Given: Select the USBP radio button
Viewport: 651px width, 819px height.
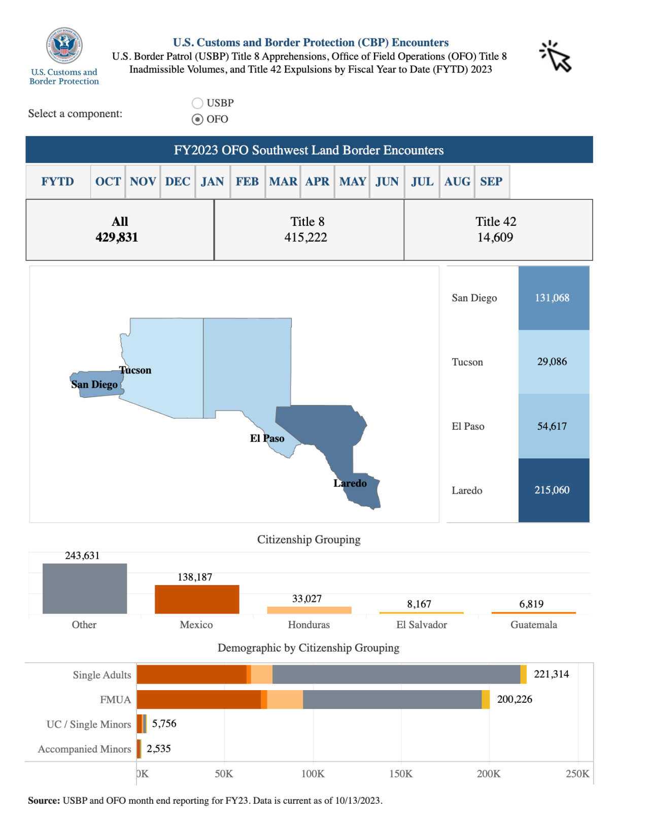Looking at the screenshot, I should tap(197, 104).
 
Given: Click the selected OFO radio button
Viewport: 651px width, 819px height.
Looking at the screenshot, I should tap(197, 120).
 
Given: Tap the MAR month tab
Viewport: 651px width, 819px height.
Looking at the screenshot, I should tap(283, 182).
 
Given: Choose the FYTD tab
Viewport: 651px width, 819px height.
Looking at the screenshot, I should tap(58, 182).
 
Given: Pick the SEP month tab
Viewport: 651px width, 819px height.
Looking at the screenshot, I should tap(491, 182).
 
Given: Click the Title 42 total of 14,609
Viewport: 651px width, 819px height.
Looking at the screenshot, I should tap(495, 237).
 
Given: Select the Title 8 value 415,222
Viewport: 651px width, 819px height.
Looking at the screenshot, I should tap(305, 237).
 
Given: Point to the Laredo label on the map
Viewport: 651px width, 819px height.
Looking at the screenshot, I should tap(350, 484).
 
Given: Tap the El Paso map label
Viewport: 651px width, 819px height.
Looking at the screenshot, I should tap(267, 439).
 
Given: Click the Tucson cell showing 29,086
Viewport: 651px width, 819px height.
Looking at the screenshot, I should tap(553, 362).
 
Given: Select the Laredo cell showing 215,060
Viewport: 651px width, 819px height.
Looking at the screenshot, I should tap(553, 490).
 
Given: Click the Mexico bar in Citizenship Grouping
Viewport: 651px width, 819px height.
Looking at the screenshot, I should tap(197, 599).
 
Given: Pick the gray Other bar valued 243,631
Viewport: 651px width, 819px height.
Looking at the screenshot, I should tap(85, 588).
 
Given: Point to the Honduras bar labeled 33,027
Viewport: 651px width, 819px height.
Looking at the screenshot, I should tap(309, 610).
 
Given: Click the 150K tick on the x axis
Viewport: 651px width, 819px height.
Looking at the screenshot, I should tap(401, 774).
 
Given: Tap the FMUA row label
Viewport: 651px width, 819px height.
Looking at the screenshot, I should tap(116, 700).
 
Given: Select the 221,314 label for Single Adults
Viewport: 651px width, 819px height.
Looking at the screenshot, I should tap(551, 674).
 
